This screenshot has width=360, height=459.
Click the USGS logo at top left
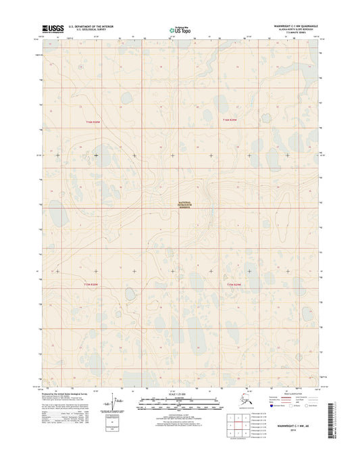point(54,28)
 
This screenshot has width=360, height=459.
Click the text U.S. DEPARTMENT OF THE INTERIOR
point(94,26)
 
